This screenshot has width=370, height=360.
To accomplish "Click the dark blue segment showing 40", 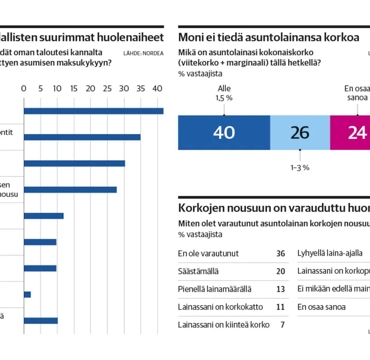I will tap(224, 132).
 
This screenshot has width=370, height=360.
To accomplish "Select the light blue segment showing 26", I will tap(300, 132).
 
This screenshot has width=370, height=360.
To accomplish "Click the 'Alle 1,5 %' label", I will tap(224, 93).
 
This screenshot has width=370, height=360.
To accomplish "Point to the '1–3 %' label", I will tap(300, 167).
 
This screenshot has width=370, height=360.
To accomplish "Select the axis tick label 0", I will tap(23, 88).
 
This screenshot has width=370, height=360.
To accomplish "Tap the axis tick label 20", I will tap(90, 88).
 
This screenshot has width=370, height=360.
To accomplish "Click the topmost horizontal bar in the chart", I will tap(94, 111).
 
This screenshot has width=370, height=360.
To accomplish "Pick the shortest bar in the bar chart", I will tap(27, 294).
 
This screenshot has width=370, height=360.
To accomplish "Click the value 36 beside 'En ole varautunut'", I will tap(281, 253).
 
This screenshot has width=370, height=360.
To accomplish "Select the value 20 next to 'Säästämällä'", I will tap(281, 271).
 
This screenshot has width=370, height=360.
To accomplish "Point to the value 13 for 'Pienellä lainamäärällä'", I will tap(281, 289).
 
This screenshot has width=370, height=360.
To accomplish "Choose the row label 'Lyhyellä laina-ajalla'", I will tap(330, 253).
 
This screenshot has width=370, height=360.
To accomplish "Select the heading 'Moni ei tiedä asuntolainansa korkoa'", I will tap(268, 37).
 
